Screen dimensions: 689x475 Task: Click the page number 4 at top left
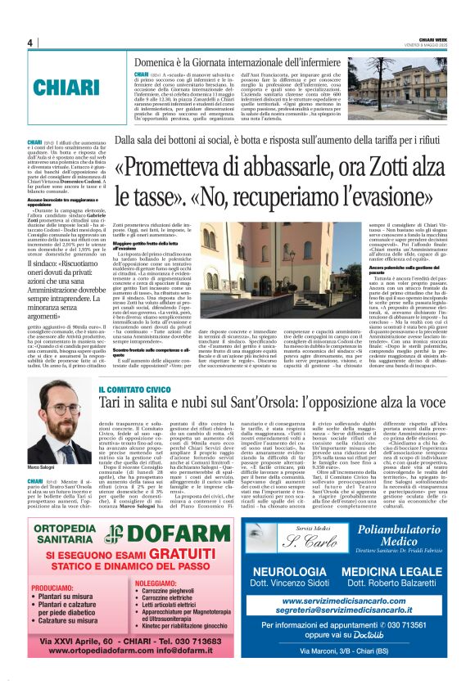(x=29, y=43)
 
